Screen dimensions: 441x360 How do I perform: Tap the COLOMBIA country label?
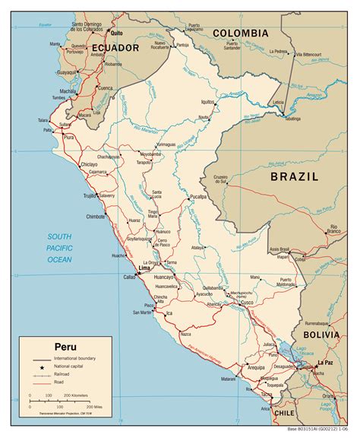(x=240, y=33)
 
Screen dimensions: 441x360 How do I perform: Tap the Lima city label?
(x=144, y=269)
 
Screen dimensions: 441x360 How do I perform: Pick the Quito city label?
(x=116, y=33)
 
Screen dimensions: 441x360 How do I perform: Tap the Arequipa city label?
(x=255, y=366)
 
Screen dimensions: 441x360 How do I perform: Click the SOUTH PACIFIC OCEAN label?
(x=59, y=248)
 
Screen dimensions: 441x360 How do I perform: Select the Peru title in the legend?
(x=65, y=346)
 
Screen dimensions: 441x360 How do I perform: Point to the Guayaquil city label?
(x=67, y=72)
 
